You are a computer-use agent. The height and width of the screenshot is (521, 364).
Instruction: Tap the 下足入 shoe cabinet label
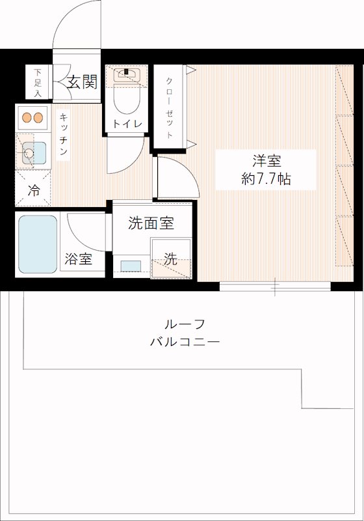coord(38,83)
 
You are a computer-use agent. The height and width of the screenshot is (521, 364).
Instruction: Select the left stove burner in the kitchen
coord(27,118)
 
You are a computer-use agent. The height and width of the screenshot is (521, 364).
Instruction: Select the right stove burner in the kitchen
coord(40,118)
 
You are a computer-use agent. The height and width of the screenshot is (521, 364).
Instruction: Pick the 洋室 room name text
coord(266,161)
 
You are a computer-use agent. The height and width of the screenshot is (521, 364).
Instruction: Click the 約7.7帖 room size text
coord(266,179)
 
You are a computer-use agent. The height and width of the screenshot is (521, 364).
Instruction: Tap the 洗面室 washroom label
coord(151,223)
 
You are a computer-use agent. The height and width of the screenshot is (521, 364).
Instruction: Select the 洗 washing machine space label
coord(170,258)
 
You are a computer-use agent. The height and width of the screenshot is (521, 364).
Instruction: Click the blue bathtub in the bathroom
coord(38,244)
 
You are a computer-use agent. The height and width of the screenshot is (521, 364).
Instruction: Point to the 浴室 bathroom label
coord(77,259)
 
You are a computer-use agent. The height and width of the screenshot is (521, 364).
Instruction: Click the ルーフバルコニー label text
coord(185,333)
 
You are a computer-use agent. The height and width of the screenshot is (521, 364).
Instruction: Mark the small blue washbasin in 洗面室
coord(131,265)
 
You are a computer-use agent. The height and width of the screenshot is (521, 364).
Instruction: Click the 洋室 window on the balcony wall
coord(275,285)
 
